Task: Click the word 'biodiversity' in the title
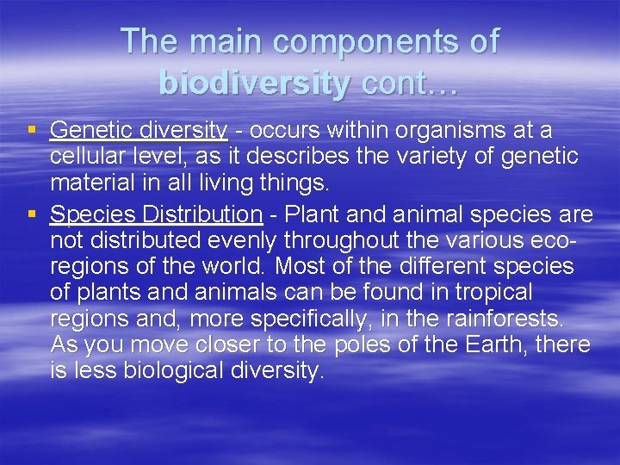point(255,83)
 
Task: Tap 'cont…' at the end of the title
point(410,83)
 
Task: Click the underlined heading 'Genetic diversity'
point(139,131)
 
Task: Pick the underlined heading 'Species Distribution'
point(156,214)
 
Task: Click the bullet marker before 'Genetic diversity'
point(32,131)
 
